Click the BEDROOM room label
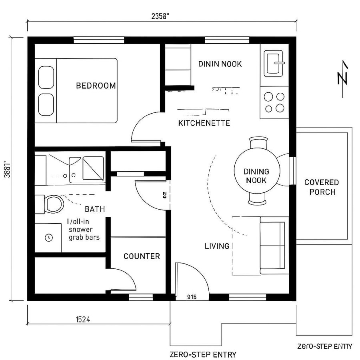(x=96, y=86)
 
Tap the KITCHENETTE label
(x=204, y=123)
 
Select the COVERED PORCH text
(x=322, y=187)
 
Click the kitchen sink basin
(x=274, y=64)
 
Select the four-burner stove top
(x=274, y=102)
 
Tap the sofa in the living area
(x=274, y=245)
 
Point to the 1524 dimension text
(x=82, y=319)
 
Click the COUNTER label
(x=142, y=256)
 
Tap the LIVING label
(x=217, y=246)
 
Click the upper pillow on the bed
(x=46, y=77)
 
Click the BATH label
(x=95, y=209)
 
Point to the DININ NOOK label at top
(x=220, y=64)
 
